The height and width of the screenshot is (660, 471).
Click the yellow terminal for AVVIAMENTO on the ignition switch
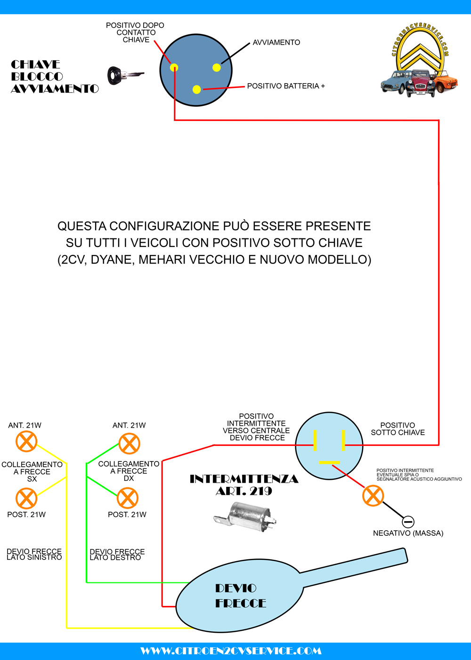tap(217, 67)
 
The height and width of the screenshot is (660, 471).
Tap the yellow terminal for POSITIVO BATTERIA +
tap(197, 89)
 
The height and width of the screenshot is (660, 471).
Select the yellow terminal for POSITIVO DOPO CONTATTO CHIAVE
tap(174, 67)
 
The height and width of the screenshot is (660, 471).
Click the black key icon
tap(124, 75)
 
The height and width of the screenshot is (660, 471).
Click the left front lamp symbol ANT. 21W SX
tap(26, 442)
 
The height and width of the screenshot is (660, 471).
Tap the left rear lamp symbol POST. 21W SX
tap(26, 498)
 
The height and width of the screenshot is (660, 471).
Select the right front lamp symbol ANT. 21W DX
tap(129, 444)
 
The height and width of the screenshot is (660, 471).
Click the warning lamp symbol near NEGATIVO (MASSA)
tap(373, 495)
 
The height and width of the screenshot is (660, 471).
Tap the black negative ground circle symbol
tap(408, 522)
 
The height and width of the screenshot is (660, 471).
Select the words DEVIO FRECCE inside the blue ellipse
tap(240, 596)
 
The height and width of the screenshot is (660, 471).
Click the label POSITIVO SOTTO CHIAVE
tap(398, 429)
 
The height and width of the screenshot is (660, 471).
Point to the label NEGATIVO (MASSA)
tap(408, 533)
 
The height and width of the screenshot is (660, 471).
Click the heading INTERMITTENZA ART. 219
tap(244, 485)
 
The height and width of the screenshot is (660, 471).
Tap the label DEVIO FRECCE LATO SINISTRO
tap(34, 554)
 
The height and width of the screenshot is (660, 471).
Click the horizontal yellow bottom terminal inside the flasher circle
tap(329, 462)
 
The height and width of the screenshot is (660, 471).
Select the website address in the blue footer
tap(231, 651)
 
